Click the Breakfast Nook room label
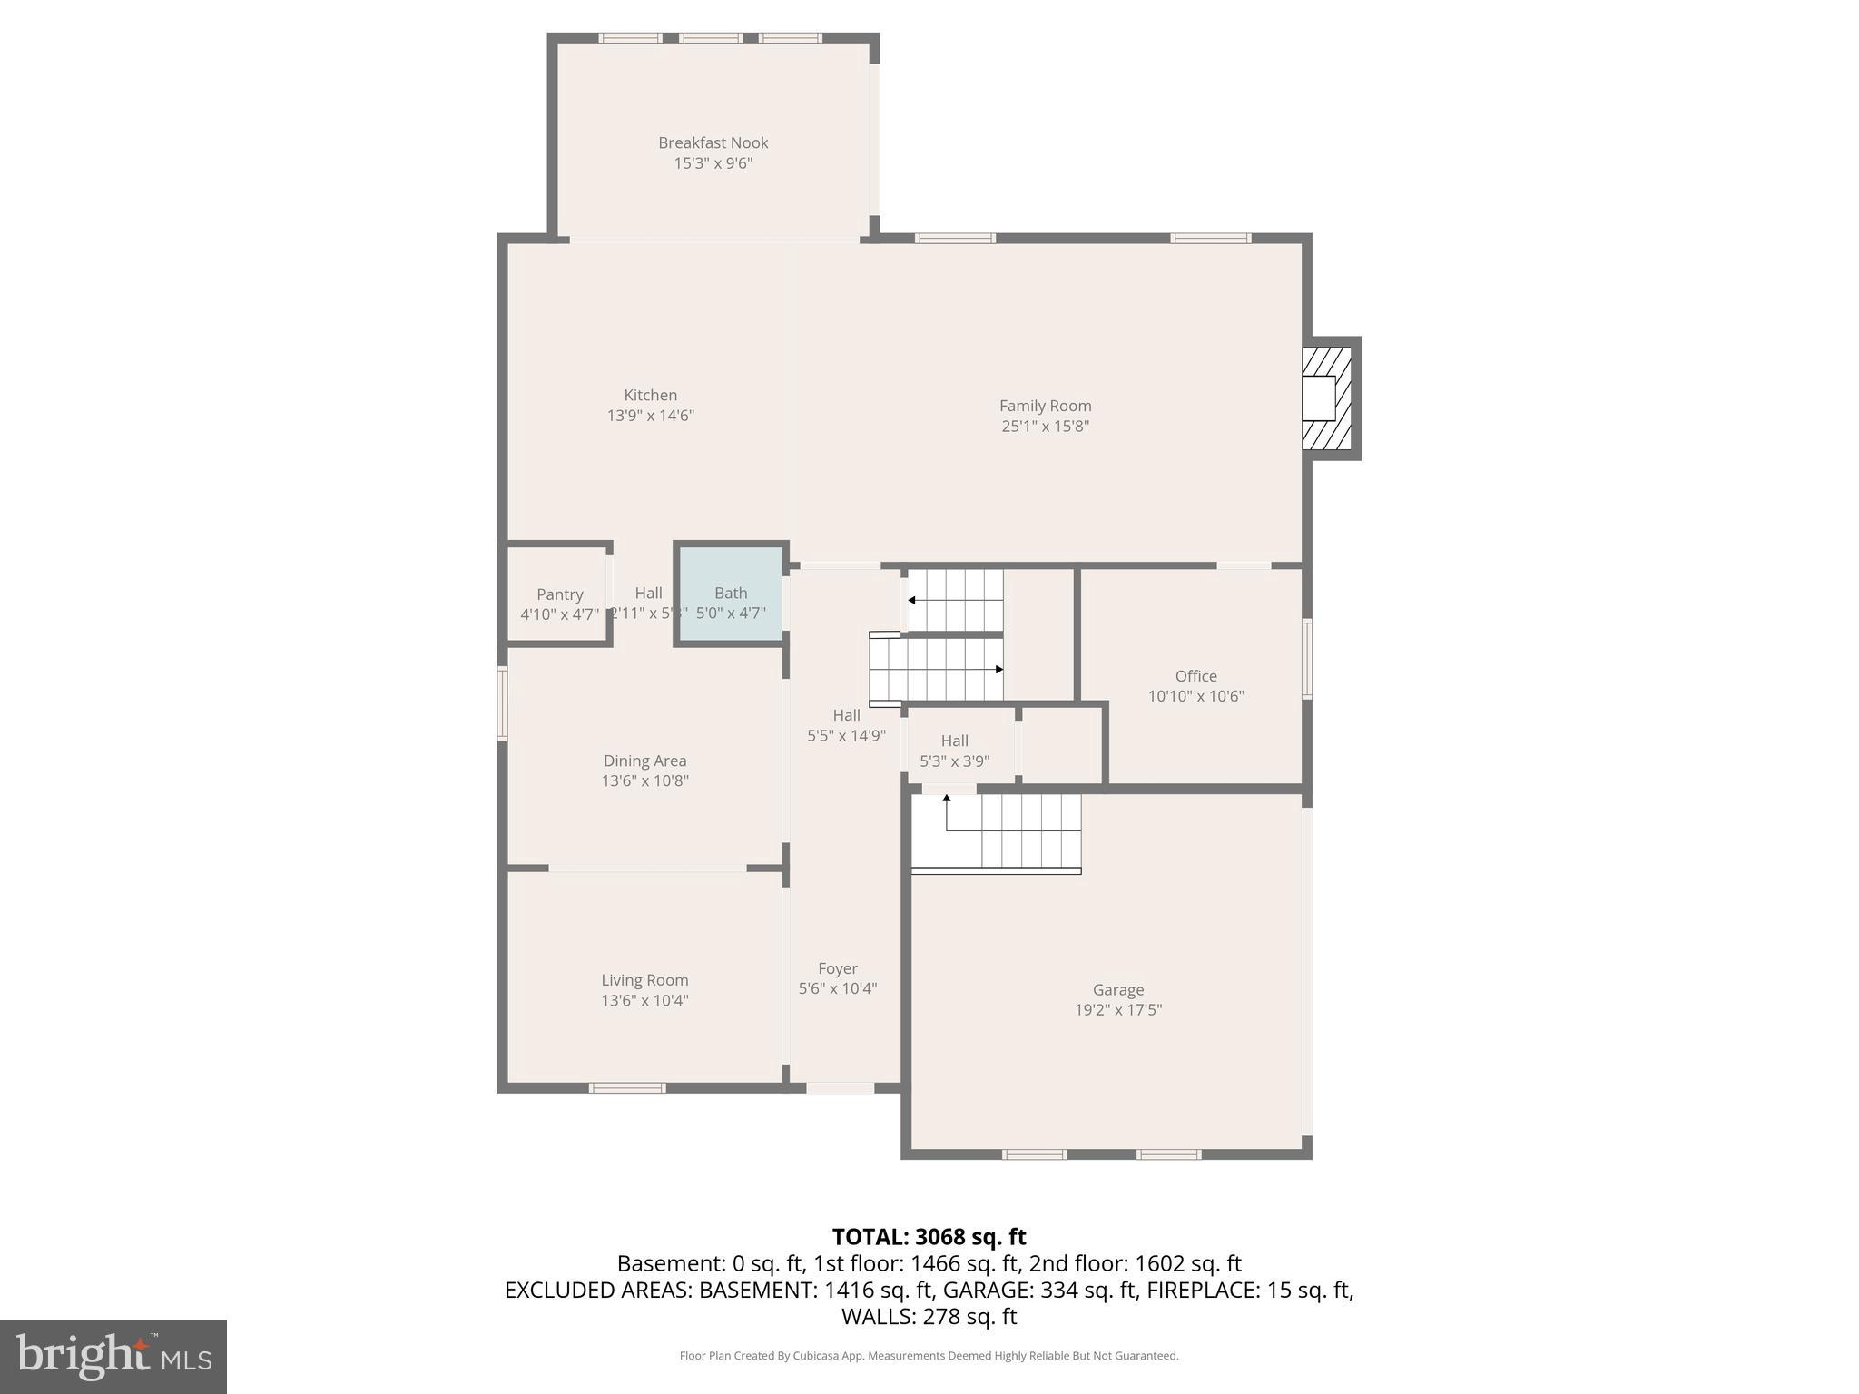click(x=713, y=142)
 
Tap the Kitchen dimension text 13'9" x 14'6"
click(x=650, y=416)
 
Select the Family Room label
click(x=1045, y=406)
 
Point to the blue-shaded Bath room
click(x=731, y=594)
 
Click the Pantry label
click(x=559, y=594)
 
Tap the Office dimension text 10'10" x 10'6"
click(x=1195, y=696)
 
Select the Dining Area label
click(x=644, y=761)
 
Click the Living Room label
click(x=644, y=980)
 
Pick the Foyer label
click(x=837, y=968)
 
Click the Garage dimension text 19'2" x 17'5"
click(x=1117, y=1009)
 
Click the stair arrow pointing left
click(x=911, y=600)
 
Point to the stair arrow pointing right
click(x=998, y=670)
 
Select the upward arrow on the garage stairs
click(x=947, y=799)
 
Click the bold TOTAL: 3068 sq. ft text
click(x=929, y=1237)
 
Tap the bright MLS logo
click(x=113, y=1356)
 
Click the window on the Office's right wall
click(x=1307, y=659)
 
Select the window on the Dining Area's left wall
click(x=502, y=703)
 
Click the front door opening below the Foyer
click(x=840, y=1087)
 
